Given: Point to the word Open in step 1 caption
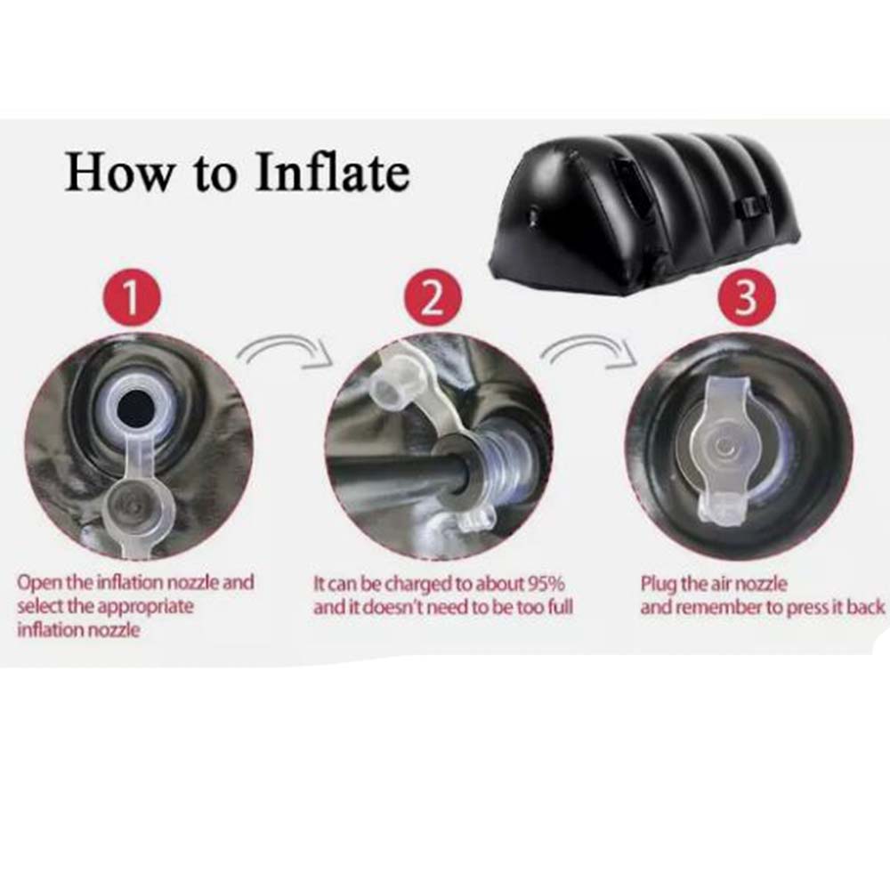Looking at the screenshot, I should pos(38,583).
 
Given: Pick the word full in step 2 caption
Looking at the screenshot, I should pos(558,608).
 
